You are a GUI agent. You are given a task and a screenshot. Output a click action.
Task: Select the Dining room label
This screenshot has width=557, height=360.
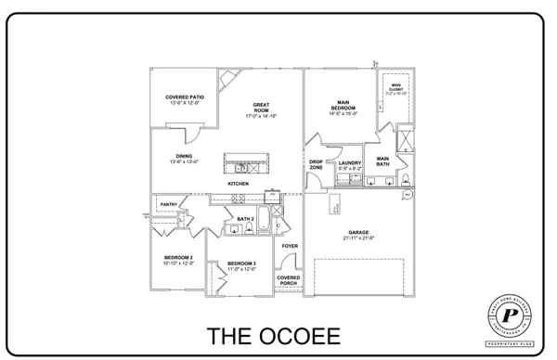point(184,159)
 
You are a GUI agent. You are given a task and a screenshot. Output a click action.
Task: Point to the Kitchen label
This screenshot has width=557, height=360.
point(239,184)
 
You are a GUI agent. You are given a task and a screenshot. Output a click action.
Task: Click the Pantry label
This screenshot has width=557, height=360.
point(168,204)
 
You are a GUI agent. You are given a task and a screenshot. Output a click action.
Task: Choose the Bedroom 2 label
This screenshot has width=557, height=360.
point(178,260)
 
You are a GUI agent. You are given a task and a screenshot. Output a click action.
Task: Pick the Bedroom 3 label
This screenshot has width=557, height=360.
point(241,264)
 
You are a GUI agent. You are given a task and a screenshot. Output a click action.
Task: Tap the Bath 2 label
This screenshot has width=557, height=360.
point(246,219)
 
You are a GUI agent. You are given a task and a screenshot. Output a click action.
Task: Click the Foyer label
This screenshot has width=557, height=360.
point(289,246)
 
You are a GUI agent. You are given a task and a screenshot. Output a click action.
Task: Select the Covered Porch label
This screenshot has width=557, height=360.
point(289,280)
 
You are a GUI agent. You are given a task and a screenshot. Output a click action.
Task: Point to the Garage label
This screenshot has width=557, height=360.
point(358,236)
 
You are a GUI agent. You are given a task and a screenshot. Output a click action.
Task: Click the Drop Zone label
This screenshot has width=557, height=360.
point(316,164)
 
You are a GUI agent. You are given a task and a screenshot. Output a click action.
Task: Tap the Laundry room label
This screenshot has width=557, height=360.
point(349,165)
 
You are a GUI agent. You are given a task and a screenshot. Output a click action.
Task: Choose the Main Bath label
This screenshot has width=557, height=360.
point(382,161)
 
